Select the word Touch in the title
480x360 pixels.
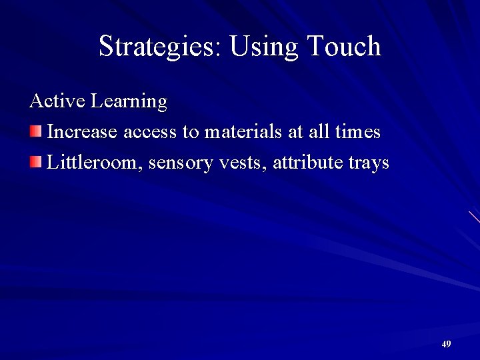pyautogui.click(x=344, y=47)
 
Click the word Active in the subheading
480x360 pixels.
pyautogui.click(x=57, y=101)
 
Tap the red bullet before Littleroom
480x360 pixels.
pyautogui.click(x=35, y=161)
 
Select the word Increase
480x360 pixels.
pyautogui.click(x=83, y=132)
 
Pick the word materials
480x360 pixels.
pyautogui.click(x=244, y=132)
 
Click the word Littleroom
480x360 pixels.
pyautogui.click(x=94, y=162)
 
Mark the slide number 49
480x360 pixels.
pyautogui.click(x=446, y=344)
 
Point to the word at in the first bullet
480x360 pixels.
pyautogui.click(x=296, y=133)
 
